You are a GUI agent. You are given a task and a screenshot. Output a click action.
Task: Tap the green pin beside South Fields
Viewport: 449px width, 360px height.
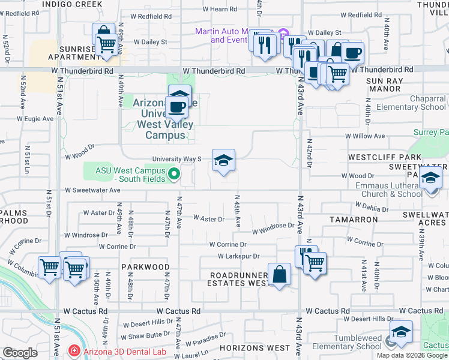pyautogui.click(x=175, y=175)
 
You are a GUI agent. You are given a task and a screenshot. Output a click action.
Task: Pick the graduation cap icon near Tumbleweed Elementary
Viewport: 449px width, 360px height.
pyautogui.click(x=401, y=332)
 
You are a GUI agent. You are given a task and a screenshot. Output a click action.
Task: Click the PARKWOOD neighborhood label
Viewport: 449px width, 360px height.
pyautogui.click(x=145, y=266)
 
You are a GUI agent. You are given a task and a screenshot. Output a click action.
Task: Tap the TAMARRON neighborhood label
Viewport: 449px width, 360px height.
pyautogui.click(x=354, y=220)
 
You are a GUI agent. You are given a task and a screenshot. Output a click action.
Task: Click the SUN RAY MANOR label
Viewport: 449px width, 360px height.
pyautogui.click(x=383, y=85)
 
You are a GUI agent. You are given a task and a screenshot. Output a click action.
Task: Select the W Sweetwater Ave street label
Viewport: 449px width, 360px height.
pyautogui.click(x=93, y=190)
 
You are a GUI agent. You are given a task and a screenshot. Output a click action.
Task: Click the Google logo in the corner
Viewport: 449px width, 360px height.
pyautogui.click(x=20, y=353)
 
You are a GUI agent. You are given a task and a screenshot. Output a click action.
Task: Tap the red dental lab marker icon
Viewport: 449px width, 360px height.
pyautogui.click(x=73, y=350)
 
